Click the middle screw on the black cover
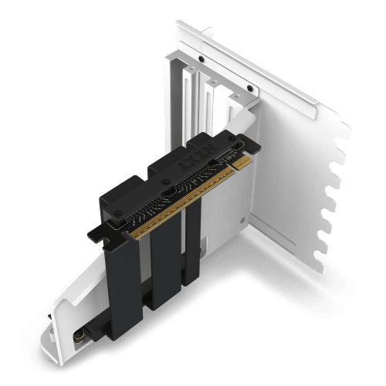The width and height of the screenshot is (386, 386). (x=166, y=181)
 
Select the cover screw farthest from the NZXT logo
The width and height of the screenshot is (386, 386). (x=118, y=213)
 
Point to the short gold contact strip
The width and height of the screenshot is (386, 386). (x=242, y=162)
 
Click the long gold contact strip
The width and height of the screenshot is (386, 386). (x=182, y=202)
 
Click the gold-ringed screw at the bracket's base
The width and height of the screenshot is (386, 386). (x=79, y=335)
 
